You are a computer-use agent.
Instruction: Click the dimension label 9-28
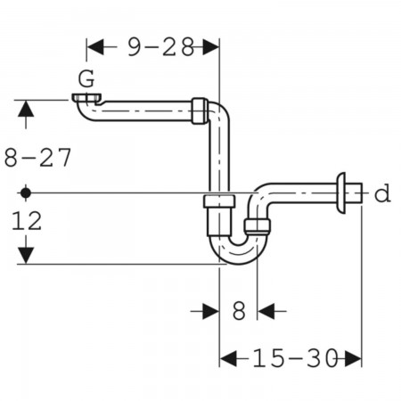point(161,47)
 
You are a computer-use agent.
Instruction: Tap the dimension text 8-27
point(37,158)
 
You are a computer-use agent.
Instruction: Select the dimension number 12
point(27,221)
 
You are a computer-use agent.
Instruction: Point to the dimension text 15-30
point(295,358)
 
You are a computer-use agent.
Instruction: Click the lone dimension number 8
point(239,311)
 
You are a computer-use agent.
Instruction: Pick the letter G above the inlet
point(86,78)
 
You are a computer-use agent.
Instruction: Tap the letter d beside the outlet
point(382,192)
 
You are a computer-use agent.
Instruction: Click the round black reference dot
point(26,193)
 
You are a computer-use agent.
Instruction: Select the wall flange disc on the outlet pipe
point(340,193)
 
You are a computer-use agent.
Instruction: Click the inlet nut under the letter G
point(86,98)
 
